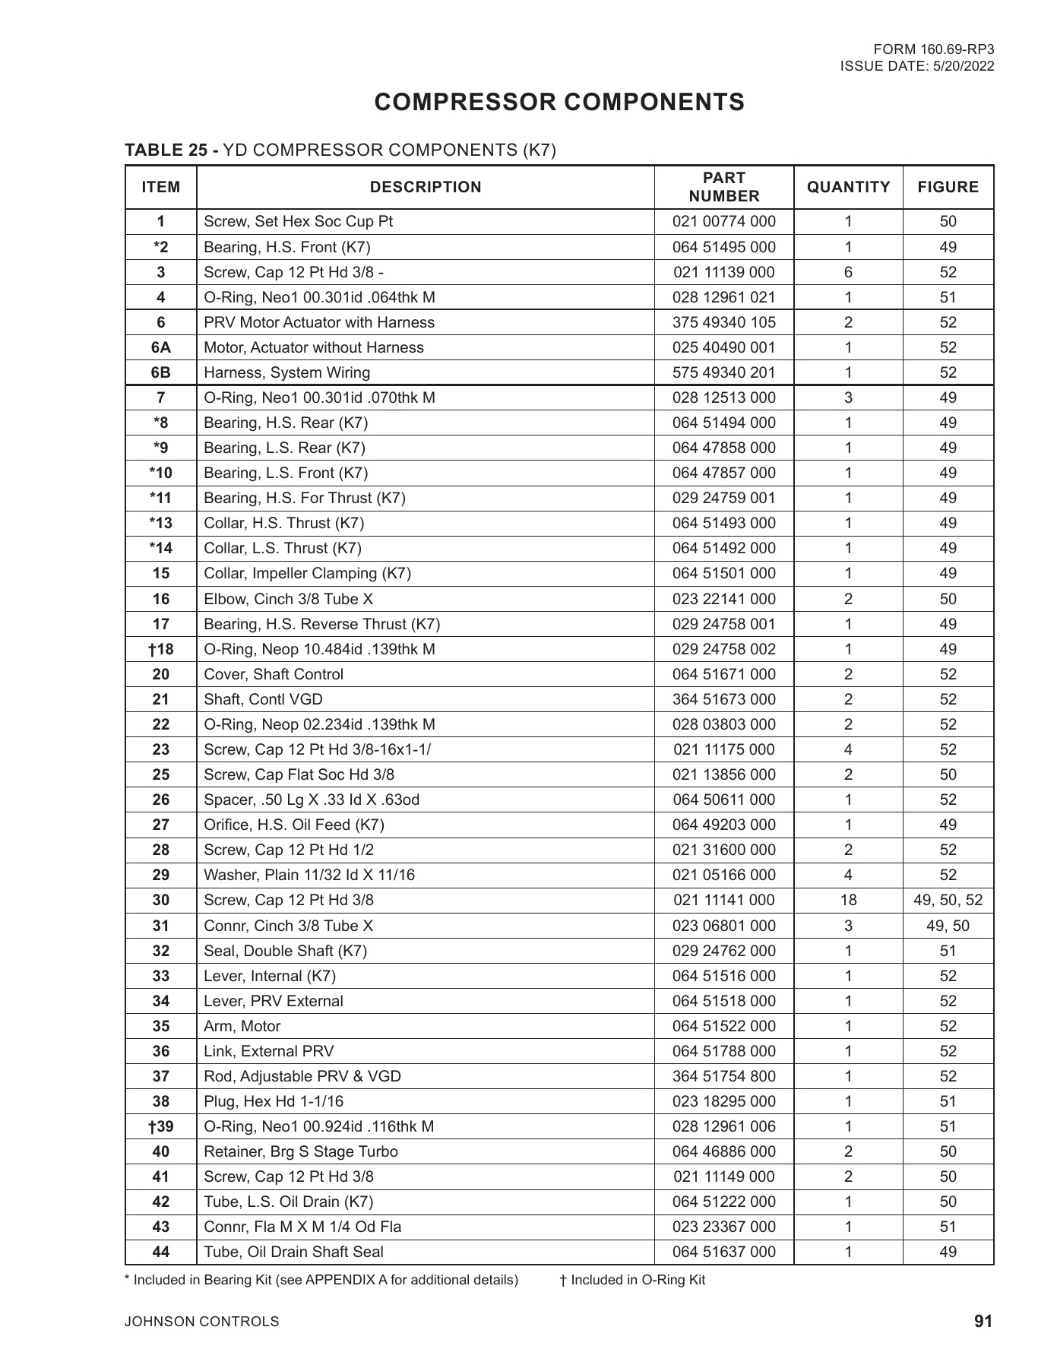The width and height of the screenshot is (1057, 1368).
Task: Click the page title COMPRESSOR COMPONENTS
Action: click(559, 102)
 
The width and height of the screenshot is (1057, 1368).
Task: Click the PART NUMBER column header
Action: click(723, 187)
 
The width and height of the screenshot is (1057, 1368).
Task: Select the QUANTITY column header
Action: click(848, 187)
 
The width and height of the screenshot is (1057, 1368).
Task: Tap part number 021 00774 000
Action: click(723, 222)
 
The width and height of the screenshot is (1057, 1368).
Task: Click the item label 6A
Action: click(161, 347)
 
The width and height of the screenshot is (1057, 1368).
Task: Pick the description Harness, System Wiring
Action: click(287, 372)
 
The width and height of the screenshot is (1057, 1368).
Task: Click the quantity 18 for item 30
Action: click(848, 901)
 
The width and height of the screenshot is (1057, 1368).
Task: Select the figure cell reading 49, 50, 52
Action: click(948, 901)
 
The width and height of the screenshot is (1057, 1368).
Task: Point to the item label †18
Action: click(161, 649)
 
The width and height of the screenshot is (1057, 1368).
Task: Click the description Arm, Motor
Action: click(242, 1026)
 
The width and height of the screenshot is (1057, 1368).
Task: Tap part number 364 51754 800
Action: click(723, 1076)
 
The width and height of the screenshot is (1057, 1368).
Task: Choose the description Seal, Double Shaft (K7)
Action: click(286, 951)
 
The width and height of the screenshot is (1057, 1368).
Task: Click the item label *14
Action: click(161, 548)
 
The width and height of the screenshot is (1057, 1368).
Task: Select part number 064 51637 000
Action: click(723, 1252)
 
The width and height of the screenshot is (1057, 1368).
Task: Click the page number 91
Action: click(983, 1322)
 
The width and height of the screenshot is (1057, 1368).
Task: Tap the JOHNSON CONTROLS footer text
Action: click(202, 1322)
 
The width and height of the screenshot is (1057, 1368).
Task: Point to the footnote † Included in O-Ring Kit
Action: click(632, 1280)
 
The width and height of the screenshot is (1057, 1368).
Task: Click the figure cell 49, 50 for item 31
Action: click(948, 926)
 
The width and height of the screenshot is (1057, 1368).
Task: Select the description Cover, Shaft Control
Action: click(274, 674)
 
